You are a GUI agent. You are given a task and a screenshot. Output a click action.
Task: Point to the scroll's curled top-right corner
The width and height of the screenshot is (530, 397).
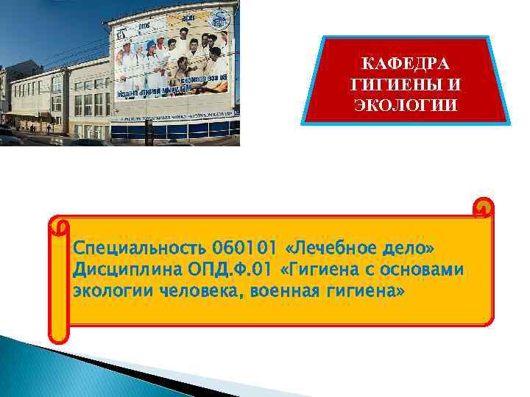[x=484, y=210]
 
